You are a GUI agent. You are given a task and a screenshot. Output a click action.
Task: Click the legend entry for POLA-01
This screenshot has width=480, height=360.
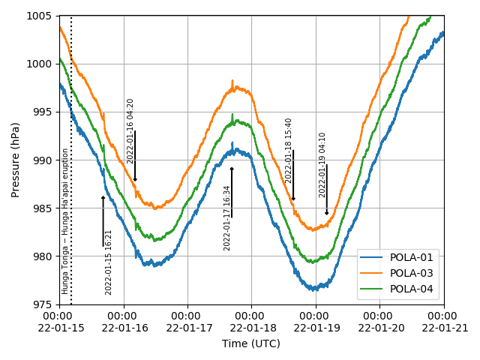coord(409,257)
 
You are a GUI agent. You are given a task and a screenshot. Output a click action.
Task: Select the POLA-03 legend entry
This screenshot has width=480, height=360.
coord(409,273)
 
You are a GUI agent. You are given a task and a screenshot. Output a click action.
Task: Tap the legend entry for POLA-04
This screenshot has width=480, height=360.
coord(409,289)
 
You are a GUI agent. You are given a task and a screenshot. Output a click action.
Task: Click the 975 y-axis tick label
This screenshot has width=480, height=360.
coord(42,304)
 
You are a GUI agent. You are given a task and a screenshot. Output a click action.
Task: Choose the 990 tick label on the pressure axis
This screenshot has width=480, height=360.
coord(42,160)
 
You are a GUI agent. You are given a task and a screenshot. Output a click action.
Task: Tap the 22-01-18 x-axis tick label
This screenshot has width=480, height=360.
coord(251,328)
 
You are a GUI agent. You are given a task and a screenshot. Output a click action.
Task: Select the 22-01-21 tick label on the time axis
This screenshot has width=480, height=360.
coord(443,328)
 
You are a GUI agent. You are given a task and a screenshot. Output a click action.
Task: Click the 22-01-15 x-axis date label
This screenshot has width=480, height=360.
coord(60,328)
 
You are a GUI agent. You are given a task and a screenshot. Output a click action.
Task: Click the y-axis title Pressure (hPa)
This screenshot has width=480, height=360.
coord(16,160)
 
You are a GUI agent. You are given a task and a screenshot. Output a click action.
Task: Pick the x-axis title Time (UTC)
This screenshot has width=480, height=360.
coord(251,343)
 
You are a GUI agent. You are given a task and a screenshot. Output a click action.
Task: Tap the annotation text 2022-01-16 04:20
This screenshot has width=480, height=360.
coord(130,130)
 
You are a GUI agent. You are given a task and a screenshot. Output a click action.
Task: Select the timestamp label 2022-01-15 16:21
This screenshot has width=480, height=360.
coord(109,262)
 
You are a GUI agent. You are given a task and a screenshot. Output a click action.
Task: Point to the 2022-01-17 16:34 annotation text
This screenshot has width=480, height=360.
coord(227,217)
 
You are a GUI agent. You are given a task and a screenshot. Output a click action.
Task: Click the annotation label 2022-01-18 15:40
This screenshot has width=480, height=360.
coord(289,150)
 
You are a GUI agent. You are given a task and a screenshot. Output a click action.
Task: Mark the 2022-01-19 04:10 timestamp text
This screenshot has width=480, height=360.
coord(322,165)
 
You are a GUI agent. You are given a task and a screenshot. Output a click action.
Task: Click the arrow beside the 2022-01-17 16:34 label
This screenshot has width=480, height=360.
coord(232,192)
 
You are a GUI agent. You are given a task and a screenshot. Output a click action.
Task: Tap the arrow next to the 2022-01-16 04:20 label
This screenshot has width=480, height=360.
coord(135,156)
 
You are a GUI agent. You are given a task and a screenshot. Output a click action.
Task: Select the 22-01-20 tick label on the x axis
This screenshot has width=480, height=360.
coord(379,328)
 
